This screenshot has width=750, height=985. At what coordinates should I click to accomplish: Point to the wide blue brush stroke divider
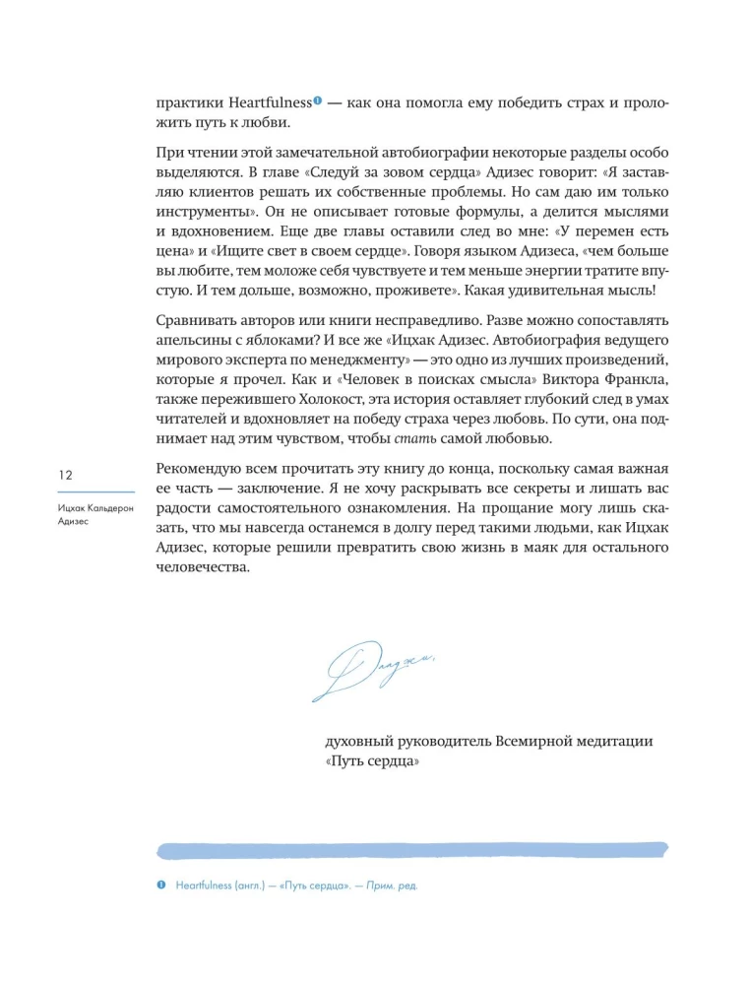pyautogui.click(x=412, y=847)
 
